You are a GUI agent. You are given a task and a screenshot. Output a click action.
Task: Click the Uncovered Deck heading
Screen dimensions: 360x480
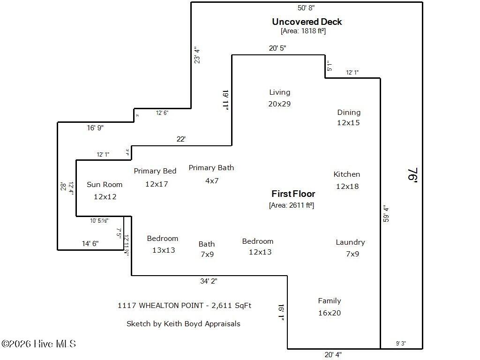click(x=307, y=22)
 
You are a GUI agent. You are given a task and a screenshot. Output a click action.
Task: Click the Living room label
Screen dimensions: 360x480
click(x=279, y=92)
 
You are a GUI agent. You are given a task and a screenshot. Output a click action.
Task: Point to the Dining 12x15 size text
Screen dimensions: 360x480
click(x=348, y=123)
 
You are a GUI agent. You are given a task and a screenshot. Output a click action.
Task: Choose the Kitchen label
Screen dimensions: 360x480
click(x=347, y=174)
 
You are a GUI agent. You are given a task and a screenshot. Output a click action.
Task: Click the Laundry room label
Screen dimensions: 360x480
click(x=350, y=242)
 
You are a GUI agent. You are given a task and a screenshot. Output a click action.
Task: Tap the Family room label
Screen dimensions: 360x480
click(x=330, y=301)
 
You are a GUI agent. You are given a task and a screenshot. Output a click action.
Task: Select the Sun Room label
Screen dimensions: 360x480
click(x=105, y=185)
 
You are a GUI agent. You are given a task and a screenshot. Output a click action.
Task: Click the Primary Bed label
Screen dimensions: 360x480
click(x=155, y=171)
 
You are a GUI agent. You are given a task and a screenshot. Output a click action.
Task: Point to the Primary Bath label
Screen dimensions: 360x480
click(x=211, y=168)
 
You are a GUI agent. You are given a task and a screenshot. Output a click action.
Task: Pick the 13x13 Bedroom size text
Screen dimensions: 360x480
click(x=164, y=250)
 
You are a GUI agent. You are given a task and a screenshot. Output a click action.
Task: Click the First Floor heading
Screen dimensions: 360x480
click(x=293, y=194)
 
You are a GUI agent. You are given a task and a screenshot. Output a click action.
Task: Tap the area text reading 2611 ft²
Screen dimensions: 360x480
click(x=292, y=205)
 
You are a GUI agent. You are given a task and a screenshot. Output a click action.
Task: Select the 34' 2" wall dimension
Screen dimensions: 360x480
click(x=209, y=281)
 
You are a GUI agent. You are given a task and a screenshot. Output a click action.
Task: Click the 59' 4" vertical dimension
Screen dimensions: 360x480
click(x=385, y=213)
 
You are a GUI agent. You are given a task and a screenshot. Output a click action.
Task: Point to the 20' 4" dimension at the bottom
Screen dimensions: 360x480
click(x=333, y=355)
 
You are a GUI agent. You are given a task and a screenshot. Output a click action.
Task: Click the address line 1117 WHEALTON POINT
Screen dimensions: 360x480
click(x=184, y=305)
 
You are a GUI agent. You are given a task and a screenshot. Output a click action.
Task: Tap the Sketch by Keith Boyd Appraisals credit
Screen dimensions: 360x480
click(x=183, y=323)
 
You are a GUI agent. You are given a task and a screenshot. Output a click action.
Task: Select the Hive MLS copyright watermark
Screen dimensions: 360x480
click(x=38, y=344)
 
